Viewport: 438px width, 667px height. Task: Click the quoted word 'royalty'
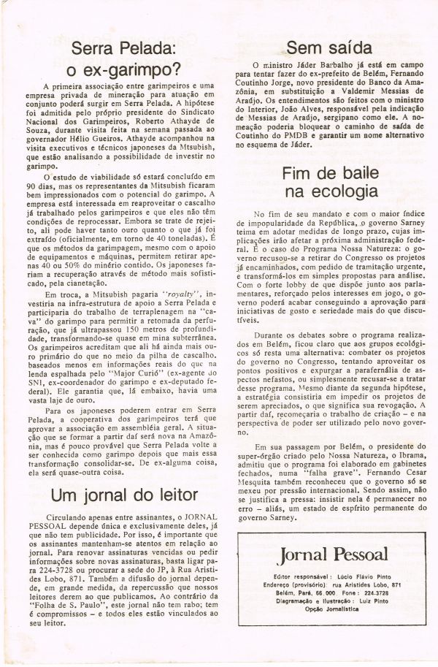click(x=165, y=294)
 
